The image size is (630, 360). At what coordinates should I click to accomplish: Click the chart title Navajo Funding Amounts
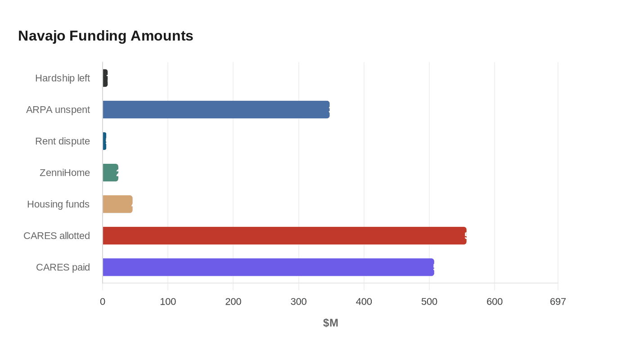coord(105,36)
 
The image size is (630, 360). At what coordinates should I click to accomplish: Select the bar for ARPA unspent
coord(216,110)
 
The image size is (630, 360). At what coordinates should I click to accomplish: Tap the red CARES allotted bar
coord(284,236)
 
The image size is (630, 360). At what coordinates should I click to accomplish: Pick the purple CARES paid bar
coord(268,267)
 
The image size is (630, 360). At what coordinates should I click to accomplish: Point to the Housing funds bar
coord(117,204)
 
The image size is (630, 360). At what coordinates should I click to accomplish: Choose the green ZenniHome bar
coord(110,173)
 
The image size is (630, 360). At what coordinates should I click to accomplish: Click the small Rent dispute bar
coord(104,141)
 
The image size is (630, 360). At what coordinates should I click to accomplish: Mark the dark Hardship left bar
coord(105,78)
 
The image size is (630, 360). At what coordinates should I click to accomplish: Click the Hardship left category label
coord(63,78)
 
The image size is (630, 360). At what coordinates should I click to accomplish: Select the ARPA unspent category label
coord(58,110)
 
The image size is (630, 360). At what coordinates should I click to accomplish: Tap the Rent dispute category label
coord(63,141)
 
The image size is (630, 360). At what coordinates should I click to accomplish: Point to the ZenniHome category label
coord(65,173)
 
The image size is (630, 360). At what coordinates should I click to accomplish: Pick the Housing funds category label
coord(58,204)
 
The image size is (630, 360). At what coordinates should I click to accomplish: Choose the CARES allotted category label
coord(57,236)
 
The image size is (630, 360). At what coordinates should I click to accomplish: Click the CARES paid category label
coord(63,267)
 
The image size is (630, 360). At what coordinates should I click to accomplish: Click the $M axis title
coord(330,323)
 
